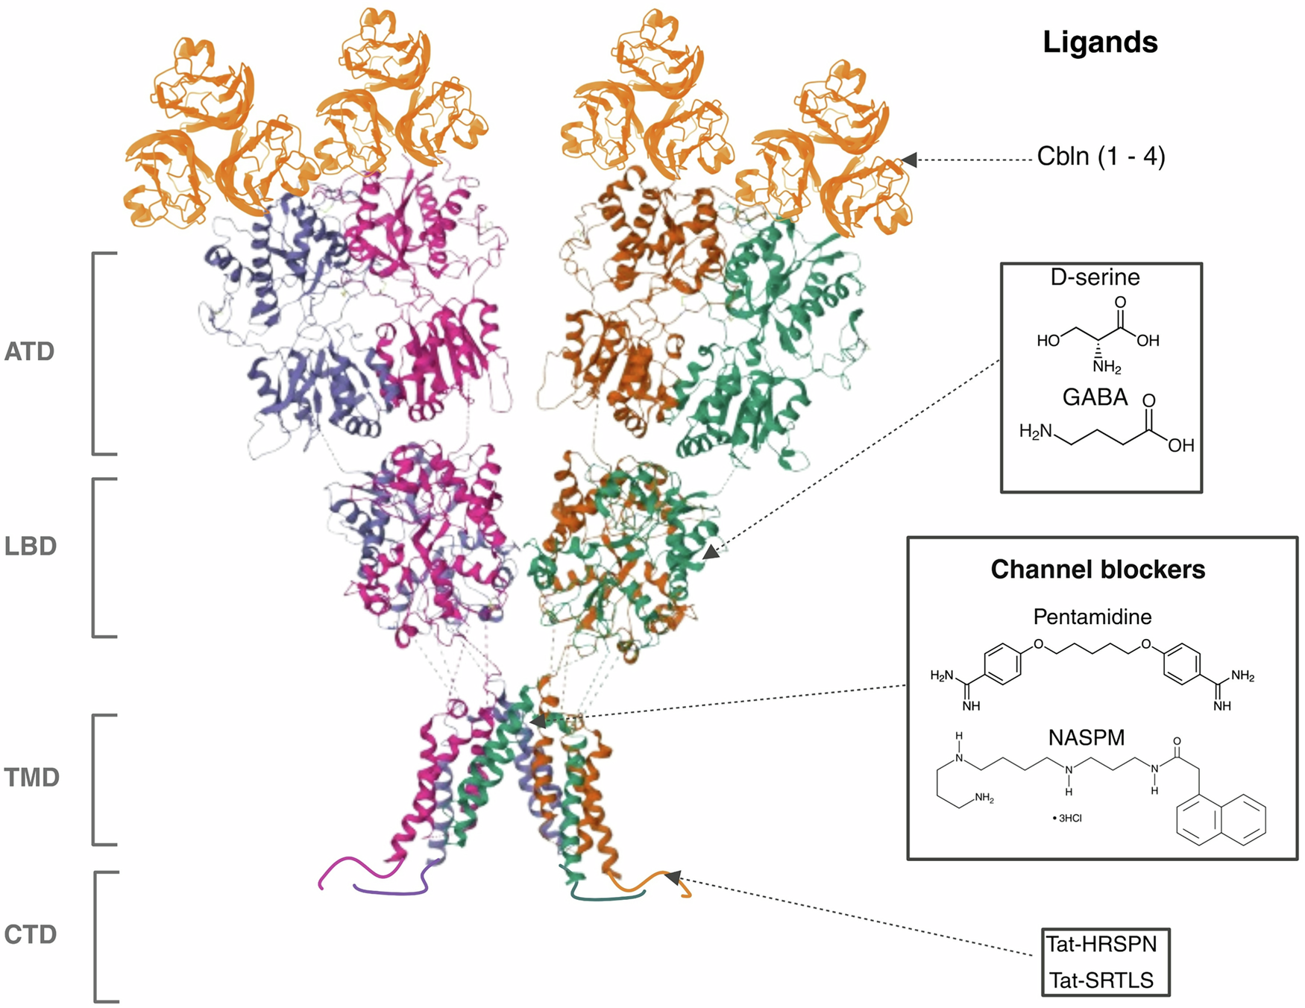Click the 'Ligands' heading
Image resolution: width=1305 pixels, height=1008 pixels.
point(1099,42)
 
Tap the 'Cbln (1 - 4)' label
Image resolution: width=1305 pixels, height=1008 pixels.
point(1101,157)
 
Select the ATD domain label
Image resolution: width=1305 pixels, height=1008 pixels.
point(30,351)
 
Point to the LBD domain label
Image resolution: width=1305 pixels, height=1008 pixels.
point(31,546)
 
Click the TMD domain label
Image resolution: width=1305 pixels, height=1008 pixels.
point(32,778)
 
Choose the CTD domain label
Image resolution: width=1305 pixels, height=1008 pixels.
point(31,934)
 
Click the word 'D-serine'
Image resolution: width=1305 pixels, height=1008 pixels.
point(1095,277)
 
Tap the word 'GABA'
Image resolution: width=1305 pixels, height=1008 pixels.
point(1095,397)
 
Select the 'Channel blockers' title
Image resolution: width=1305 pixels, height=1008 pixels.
point(1098,570)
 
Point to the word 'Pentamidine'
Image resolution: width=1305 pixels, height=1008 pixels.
point(1092,617)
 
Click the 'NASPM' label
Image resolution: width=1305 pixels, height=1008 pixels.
point(1086,737)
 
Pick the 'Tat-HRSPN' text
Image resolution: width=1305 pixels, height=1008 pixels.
point(1101,945)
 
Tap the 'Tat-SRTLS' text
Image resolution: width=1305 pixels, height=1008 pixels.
point(1101,980)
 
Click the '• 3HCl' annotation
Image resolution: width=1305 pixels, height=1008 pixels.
point(1067,818)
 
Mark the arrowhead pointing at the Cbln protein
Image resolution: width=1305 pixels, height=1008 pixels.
point(909,160)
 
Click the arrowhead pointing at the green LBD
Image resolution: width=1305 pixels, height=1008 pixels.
point(711,552)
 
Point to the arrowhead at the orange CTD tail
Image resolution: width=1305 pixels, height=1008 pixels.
point(673,877)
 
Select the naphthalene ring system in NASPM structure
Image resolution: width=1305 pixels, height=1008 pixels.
point(1220,820)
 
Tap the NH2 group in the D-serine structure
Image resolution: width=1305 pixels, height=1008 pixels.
point(1107,367)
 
